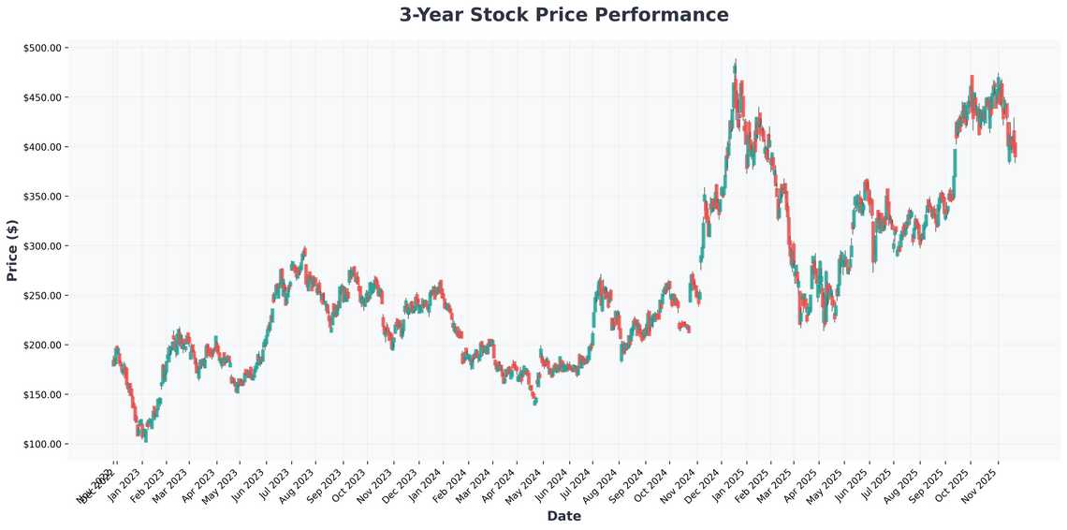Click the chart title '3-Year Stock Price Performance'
coord(563,15)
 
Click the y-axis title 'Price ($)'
coord(12,249)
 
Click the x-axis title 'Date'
coord(563,516)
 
